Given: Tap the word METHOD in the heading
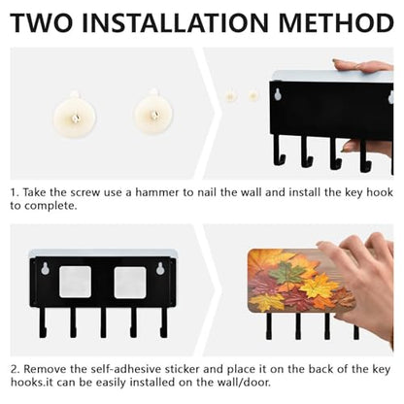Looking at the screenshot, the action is coord(336,22).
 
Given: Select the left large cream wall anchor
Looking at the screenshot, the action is coord(75,116).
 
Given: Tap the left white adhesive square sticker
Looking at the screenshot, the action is coord(75,282).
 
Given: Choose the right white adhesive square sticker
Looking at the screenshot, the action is coord(130,282).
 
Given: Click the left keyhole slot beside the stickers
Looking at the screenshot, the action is coord(46,269).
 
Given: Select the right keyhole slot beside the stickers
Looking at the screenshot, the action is coord(160,269).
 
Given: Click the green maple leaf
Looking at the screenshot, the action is coord(285,274).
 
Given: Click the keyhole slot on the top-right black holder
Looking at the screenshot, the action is coord(278,94).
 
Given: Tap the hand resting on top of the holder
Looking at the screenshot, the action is coord(362,66).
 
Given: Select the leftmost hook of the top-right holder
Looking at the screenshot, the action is coord(279,151).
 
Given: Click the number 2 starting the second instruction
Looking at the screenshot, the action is coord(14,369).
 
